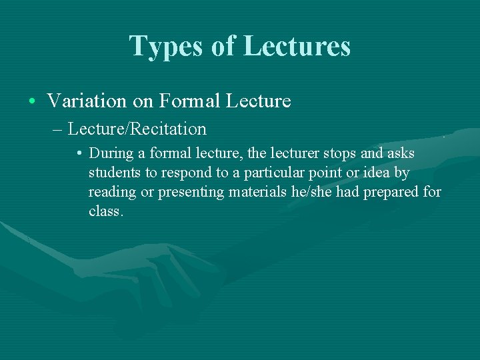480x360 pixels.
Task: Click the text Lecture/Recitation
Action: pyautogui.click(x=137, y=129)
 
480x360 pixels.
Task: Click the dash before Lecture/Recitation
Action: pyautogui.click(x=58, y=129)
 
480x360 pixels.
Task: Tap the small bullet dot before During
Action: pyautogui.click(x=79, y=154)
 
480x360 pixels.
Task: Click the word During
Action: pyautogui.click(x=111, y=154)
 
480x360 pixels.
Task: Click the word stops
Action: pyautogui.click(x=340, y=154)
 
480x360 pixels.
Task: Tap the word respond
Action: pyautogui.click(x=179, y=173)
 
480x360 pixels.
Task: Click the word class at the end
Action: pyautogui.click(x=104, y=212)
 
